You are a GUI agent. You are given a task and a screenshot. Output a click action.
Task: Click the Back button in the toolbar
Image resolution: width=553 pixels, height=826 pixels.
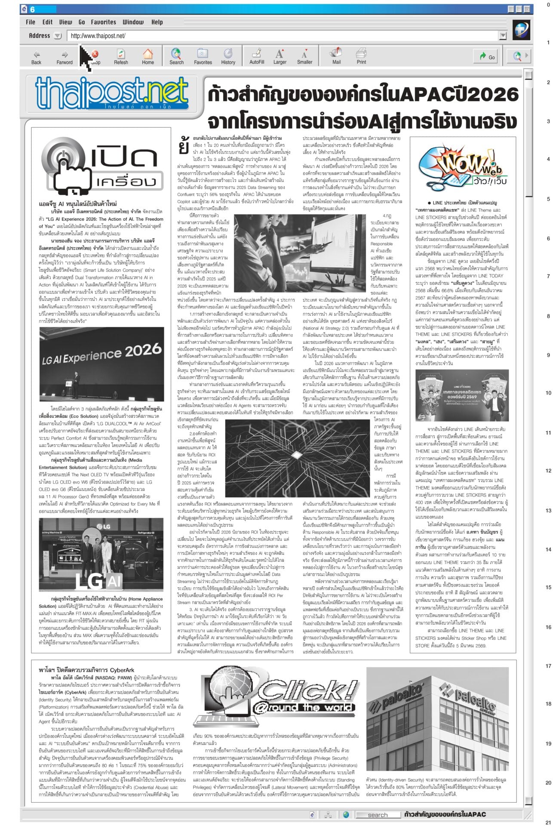pyautogui.click(x=36, y=56)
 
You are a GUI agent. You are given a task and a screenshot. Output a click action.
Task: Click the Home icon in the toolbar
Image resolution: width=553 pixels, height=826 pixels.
pyautogui.click(x=148, y=56)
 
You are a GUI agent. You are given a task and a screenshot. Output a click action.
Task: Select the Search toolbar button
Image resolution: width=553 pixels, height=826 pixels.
pyautogui.click(x=176, y=56)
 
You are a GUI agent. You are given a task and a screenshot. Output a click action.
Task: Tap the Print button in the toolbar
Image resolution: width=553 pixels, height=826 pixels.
pyautogui.click(x=361, y=56)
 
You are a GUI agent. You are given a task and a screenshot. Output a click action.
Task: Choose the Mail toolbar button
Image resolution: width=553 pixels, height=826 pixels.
pyautogui.click(x=336, y=56)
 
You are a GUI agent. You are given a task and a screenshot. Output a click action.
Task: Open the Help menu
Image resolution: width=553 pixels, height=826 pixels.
pyautogui.click(x=157, y=22)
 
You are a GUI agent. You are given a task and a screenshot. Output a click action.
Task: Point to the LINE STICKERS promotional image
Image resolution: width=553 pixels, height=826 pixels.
pyautogui.click(x=460, y=394)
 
